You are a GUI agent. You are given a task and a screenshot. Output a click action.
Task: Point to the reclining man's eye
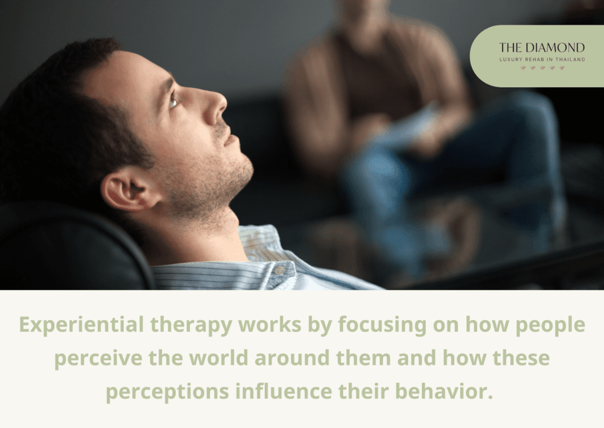point(173,102)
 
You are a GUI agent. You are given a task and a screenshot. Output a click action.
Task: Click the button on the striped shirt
point(280,271)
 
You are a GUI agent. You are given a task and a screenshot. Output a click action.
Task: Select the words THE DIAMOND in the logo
point(541,48)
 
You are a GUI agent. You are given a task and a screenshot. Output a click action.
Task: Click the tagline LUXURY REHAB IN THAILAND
point(541,59)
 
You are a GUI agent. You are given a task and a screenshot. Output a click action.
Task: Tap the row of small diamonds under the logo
point(541,68)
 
